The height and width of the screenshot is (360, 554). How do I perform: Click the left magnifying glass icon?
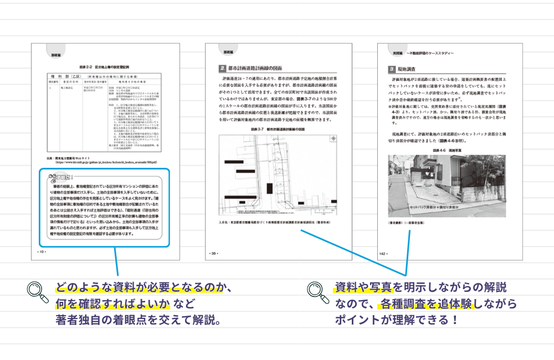[x=37, y=291]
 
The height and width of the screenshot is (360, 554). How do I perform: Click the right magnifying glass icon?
[x=317, y=291]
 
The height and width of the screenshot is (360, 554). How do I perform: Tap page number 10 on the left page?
[x=41, y=251]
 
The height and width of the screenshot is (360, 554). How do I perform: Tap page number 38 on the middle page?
[x=213, y=253]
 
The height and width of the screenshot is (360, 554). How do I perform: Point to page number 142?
[x=383, y=253]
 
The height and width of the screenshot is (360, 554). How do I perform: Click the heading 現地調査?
[x=411, y=69]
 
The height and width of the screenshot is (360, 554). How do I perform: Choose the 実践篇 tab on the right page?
[x=392, y=53]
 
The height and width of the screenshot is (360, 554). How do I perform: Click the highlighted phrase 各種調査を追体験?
[x=425, y=304]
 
